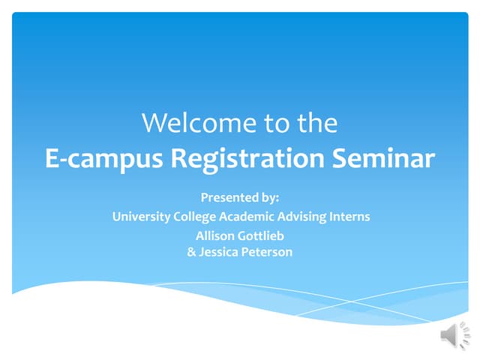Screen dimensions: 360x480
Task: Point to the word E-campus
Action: pyautogui.click(x=103, y=159)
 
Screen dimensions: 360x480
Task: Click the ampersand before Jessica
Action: pyautogui.click(x=191, y=252)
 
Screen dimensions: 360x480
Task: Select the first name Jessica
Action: pyautogui.click(x=218, y=252)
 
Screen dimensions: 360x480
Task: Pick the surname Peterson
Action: pyautogui.click(x=267, y=252)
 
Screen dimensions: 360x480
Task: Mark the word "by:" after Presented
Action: pyautogui.click(x=269, y=197)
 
